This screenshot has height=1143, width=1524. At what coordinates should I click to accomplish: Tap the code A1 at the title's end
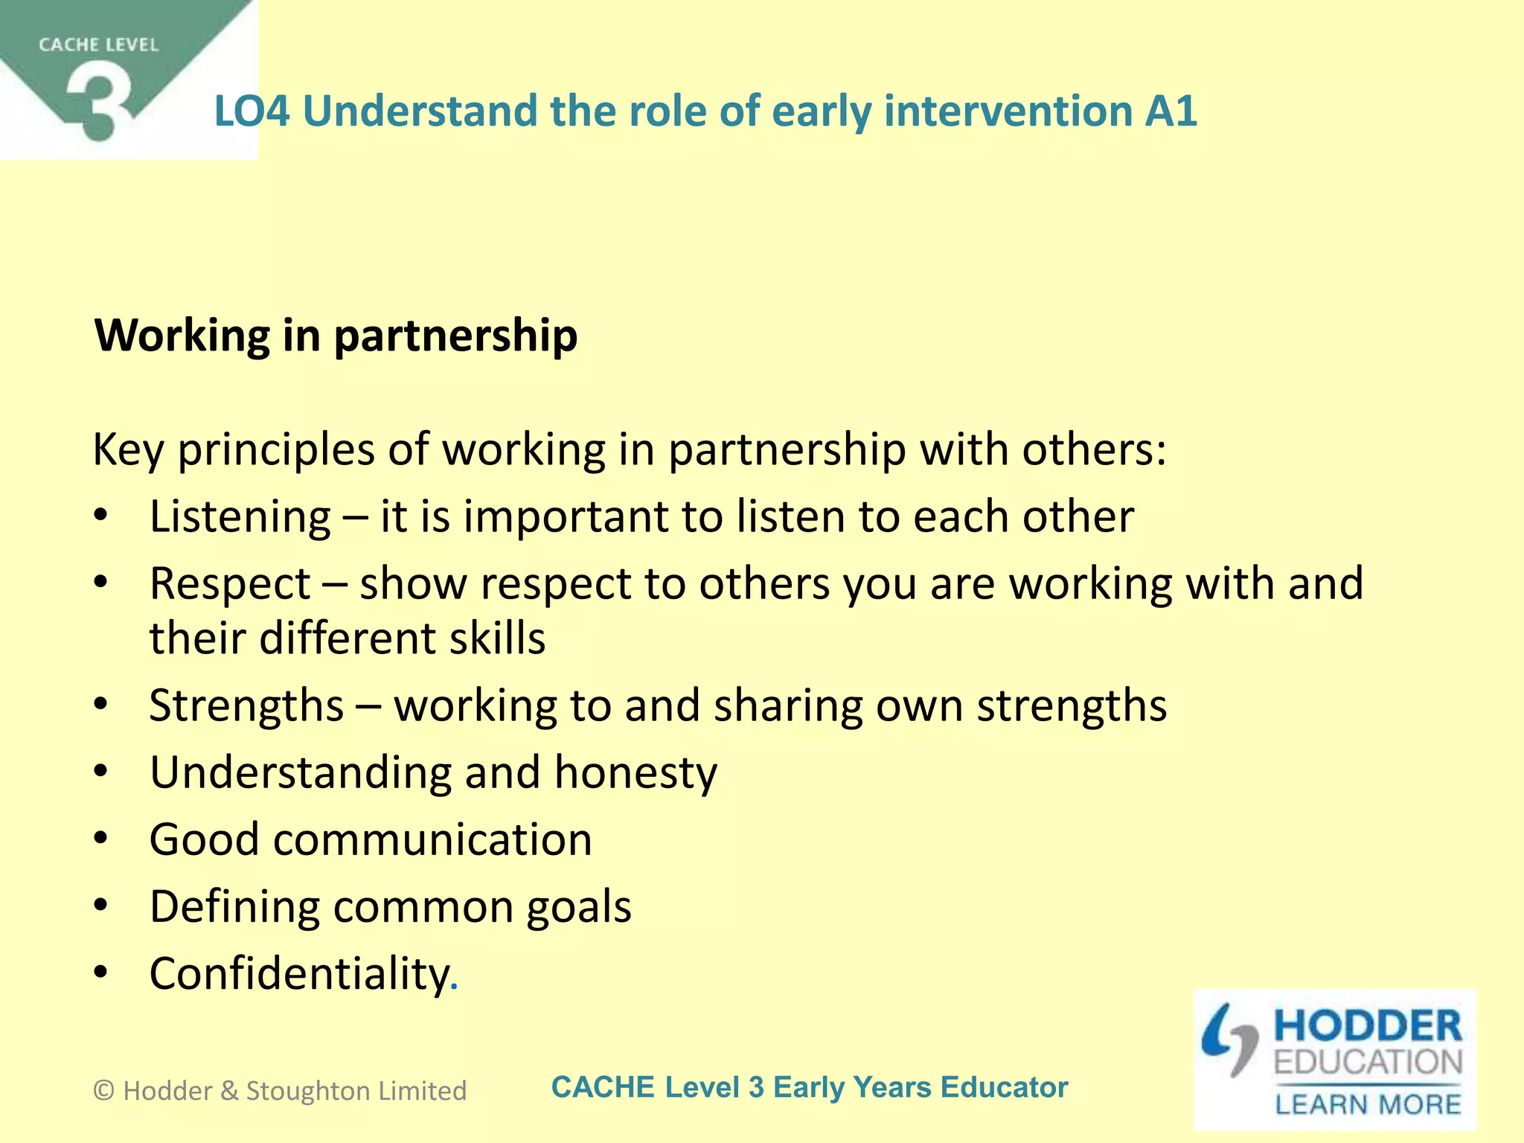1171,112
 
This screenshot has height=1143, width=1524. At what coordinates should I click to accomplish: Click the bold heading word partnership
455,336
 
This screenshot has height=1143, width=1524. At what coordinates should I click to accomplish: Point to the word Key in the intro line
127,450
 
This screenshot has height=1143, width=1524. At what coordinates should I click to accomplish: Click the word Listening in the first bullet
240,517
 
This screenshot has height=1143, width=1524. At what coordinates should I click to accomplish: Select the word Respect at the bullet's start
230,584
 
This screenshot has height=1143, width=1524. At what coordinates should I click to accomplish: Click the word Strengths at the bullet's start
246,705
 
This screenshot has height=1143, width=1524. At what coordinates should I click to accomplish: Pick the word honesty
635,772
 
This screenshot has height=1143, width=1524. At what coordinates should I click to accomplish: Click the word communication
432,839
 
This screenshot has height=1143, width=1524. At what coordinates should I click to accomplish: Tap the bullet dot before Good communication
101,839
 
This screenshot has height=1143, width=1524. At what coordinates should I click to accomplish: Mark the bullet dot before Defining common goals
101,906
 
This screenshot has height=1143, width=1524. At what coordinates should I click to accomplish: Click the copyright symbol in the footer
104,1091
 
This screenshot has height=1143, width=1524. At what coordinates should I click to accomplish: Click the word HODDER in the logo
1368,1026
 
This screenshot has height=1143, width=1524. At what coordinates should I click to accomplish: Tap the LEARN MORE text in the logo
1368,1104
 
